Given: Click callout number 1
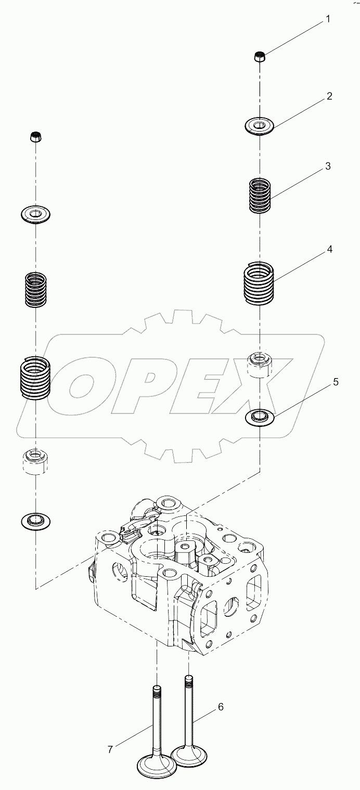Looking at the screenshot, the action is [328, 19].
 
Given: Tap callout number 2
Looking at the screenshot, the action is [329, 97].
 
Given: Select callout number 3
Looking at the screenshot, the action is [328, 166].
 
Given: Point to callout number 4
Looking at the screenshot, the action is [329, 250].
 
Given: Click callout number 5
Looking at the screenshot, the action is [336, 382].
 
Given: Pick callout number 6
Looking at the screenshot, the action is [221, 707].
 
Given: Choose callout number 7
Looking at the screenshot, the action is [110, 749].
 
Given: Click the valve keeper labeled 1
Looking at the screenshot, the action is [260, 57].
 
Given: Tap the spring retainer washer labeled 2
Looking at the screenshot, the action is [260, 126].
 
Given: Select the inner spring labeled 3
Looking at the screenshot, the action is [260, 196].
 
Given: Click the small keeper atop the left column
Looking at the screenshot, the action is [36, 137].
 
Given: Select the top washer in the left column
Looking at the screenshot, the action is [36, 213].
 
